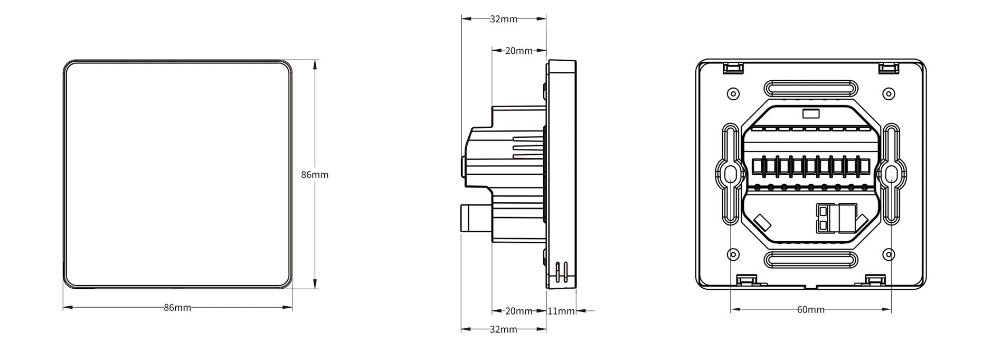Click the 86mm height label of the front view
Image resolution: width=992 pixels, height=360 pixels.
tap(315, 175)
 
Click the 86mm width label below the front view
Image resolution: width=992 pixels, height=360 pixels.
tap(177, 308)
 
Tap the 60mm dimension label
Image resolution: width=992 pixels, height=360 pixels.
tap(810, 310)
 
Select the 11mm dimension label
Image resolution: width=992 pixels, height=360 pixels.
tap(561, 311)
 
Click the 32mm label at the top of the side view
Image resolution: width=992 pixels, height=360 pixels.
tap(503, 19)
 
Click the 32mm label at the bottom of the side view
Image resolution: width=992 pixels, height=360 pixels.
tap(503, 329)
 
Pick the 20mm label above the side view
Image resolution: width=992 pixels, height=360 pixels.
tap(518, 51)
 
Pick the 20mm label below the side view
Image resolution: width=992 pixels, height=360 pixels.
tap(518, 311)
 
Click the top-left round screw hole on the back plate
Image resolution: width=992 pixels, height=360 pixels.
tap(733, 94)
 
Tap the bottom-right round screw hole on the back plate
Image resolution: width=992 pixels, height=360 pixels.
tap(889, 255)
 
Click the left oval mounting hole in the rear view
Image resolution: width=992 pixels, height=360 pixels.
tap(731, 174)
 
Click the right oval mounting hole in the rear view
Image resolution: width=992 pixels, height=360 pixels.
tap(891, 174)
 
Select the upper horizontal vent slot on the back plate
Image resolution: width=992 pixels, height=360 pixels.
tap(810, 88)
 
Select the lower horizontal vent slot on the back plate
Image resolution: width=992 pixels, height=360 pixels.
tap(810, 260)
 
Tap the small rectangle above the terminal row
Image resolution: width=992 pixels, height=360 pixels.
tap(810, 113)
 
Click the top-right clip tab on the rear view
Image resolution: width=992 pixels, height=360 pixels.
tap(888, 68)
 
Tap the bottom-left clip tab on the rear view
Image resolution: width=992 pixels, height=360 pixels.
tap(747, 280)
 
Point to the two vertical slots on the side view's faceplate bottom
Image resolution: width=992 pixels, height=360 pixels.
tap(562, 270)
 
